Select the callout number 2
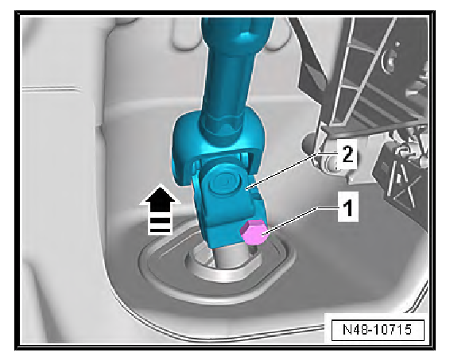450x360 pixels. [x=347, y=155]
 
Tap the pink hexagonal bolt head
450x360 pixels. [x=254, y=232]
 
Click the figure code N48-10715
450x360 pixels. [x=378, y=329]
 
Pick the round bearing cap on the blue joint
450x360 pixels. [x=225, y=184]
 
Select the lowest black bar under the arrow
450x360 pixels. [x=160, y=230]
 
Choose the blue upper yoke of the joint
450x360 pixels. [x=218, y=143]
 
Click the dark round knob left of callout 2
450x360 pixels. [x=309, y=143]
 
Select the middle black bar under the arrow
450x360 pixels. [x=160, y=221]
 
